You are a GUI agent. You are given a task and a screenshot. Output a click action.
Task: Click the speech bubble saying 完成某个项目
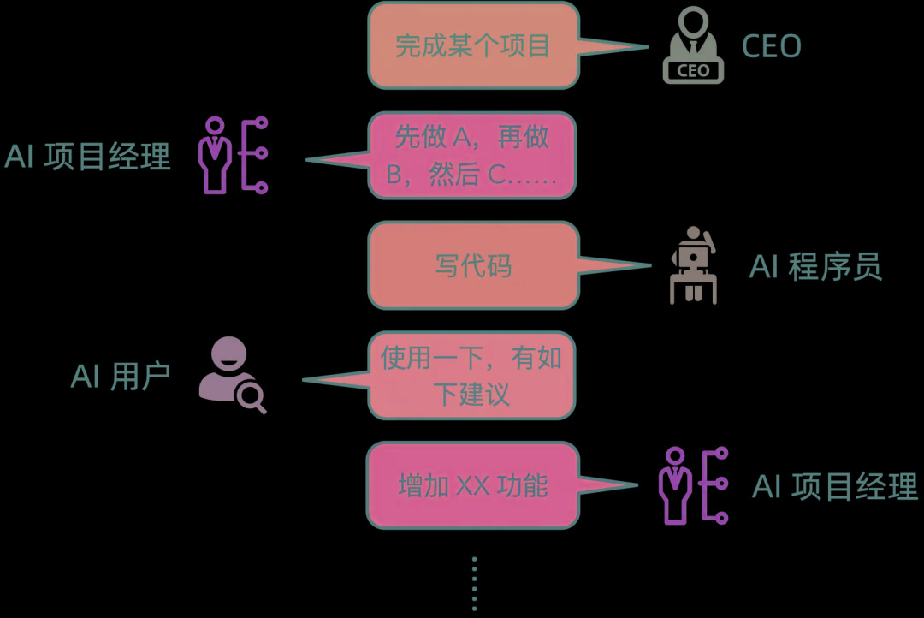pyautogui.click(x=473, y=45)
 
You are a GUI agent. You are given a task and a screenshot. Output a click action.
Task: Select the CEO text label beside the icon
pyautogui.click(x=772, y=46)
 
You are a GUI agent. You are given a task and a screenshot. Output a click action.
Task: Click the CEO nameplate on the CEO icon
pyautogui.click(x=693, y=71)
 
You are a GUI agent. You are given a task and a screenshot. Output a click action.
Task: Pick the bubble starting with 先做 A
pyautogui.click(x=472, y=156)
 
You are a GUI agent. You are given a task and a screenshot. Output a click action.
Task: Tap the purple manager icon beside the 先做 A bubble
pyautogui.click(x=233, y=156)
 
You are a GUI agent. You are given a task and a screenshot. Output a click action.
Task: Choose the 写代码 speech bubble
pyautogui.click(x=473, y=265)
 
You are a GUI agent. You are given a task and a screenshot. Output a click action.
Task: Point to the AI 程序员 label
pyautogui.click(x=815, y=267)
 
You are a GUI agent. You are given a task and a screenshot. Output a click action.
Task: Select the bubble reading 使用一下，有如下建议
pyautogui.click(x=471, y=376)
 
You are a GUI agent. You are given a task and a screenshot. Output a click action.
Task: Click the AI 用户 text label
pyautogui.click(x=121, y=376)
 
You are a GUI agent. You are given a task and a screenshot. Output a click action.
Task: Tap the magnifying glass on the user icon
pyautogui.click(x=252, y=396)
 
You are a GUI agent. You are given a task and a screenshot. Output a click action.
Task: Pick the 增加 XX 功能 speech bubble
pyautogui.click(x=472, y=485)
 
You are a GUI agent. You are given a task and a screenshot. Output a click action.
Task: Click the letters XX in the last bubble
pyautogui.click(x=472, y=486)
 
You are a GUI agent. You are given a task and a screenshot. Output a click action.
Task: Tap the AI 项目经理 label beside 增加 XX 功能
pyautogui.click(x=835, y=486)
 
